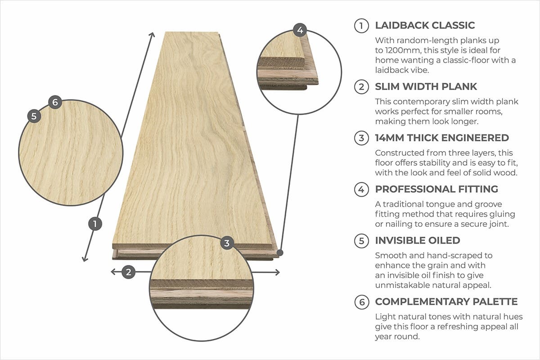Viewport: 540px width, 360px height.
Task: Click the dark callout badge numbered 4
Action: point(300,30)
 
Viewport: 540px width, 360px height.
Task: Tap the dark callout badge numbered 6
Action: point(55,102)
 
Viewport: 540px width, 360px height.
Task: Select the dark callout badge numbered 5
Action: point(34,116)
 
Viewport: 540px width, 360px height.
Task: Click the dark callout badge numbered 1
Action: point(95,224)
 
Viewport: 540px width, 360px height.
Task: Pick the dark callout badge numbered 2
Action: point(128,272)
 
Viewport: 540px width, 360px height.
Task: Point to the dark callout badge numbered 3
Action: point(227,243)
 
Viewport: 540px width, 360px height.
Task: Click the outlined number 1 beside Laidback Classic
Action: point(361,26)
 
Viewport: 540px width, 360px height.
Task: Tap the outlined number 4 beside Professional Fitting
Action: point(361,189)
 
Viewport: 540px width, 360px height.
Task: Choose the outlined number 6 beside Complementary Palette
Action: point(362,302)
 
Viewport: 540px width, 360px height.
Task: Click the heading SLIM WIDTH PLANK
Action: point(426,86)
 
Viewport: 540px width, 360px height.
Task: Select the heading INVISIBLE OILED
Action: point(418,240)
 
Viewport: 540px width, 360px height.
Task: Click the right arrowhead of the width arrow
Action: point(278,272)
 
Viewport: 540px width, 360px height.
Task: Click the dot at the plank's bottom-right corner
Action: point(280,253)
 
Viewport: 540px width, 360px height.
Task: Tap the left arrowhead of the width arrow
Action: point(112,272)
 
